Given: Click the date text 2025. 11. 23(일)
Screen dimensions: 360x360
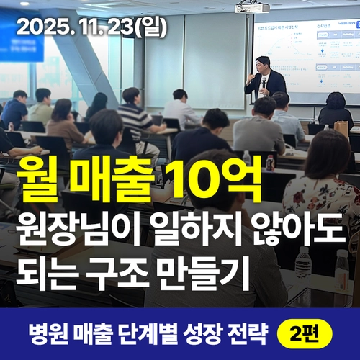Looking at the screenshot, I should tap(91, 27).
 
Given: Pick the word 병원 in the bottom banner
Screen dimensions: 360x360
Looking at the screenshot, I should tap(46, 333).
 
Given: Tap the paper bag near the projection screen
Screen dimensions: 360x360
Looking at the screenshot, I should tap(341, 128).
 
